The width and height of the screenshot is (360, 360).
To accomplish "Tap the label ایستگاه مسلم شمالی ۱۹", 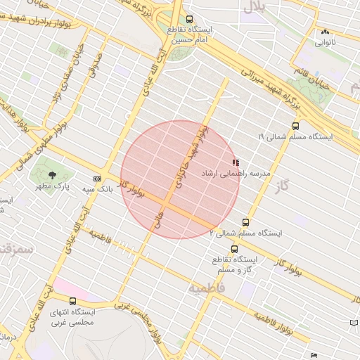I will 290,136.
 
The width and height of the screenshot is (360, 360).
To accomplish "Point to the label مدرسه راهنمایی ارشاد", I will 235,172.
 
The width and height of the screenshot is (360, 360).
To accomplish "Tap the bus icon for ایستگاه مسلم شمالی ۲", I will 245,222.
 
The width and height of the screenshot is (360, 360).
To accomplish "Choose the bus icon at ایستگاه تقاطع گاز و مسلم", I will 233,248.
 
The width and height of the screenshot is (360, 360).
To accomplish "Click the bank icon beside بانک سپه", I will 96,179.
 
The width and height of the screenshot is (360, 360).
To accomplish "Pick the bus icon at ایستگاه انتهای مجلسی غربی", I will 53,302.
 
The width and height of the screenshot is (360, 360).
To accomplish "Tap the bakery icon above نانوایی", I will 324,32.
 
